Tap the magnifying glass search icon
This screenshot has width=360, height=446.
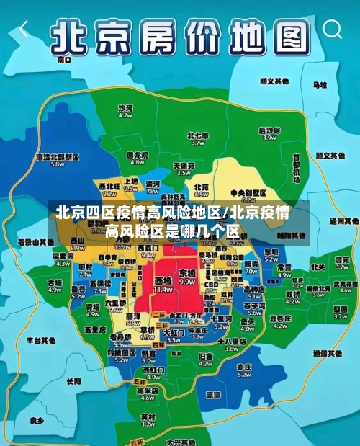333,29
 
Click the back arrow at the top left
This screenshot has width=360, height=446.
24,29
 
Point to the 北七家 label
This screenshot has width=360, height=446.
197,135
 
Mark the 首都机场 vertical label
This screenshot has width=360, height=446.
296,167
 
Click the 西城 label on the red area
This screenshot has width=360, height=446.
163,280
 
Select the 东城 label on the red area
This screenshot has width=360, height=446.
187,273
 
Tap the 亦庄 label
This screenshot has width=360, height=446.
243,366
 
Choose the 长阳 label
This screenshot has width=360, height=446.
74,380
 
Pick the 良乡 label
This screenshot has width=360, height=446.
37,419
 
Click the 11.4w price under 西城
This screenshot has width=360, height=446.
163,289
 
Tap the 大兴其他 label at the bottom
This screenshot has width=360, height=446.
177,442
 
